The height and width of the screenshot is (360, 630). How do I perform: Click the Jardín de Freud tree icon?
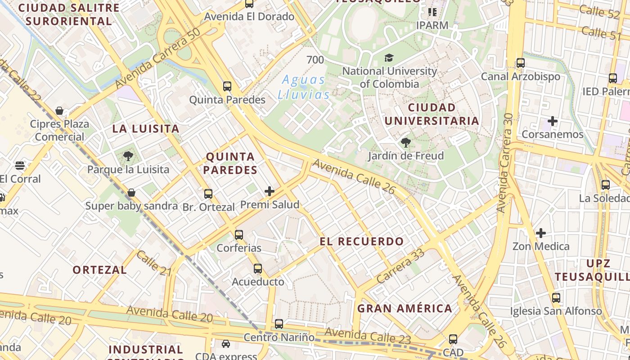tap(405, 143)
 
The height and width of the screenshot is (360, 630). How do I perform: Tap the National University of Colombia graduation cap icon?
tap(389, 58)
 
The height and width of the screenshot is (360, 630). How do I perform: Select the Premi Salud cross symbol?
tap(270, 191)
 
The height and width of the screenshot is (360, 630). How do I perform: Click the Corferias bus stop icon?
tap(239, 234)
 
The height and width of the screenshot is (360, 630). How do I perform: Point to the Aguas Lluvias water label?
tap(303, 87)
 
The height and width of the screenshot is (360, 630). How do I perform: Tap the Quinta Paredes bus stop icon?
tap(227, 86)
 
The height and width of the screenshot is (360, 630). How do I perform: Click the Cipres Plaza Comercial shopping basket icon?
tap(59, 111)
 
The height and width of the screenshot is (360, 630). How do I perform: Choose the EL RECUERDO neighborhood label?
tap(362, 241)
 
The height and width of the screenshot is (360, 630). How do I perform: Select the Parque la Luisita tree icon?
tap(128, 156)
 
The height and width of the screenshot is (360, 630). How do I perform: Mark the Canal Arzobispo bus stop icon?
tap(521, 63)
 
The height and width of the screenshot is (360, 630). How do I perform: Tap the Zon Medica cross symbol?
tap(541, 233)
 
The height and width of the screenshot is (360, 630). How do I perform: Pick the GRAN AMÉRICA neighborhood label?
tap(405, 308)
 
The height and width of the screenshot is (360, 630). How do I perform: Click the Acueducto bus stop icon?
tap(258, 269)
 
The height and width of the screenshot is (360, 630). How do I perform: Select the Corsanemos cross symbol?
tap(553, 121)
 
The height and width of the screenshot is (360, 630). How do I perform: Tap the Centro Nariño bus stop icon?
tap(279, 324)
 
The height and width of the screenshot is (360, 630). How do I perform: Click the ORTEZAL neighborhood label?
tap(99, 270)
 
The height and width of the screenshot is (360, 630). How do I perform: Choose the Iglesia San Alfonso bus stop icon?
tap(556, 297)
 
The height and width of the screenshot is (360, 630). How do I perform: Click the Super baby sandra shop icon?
tap(131, 193)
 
